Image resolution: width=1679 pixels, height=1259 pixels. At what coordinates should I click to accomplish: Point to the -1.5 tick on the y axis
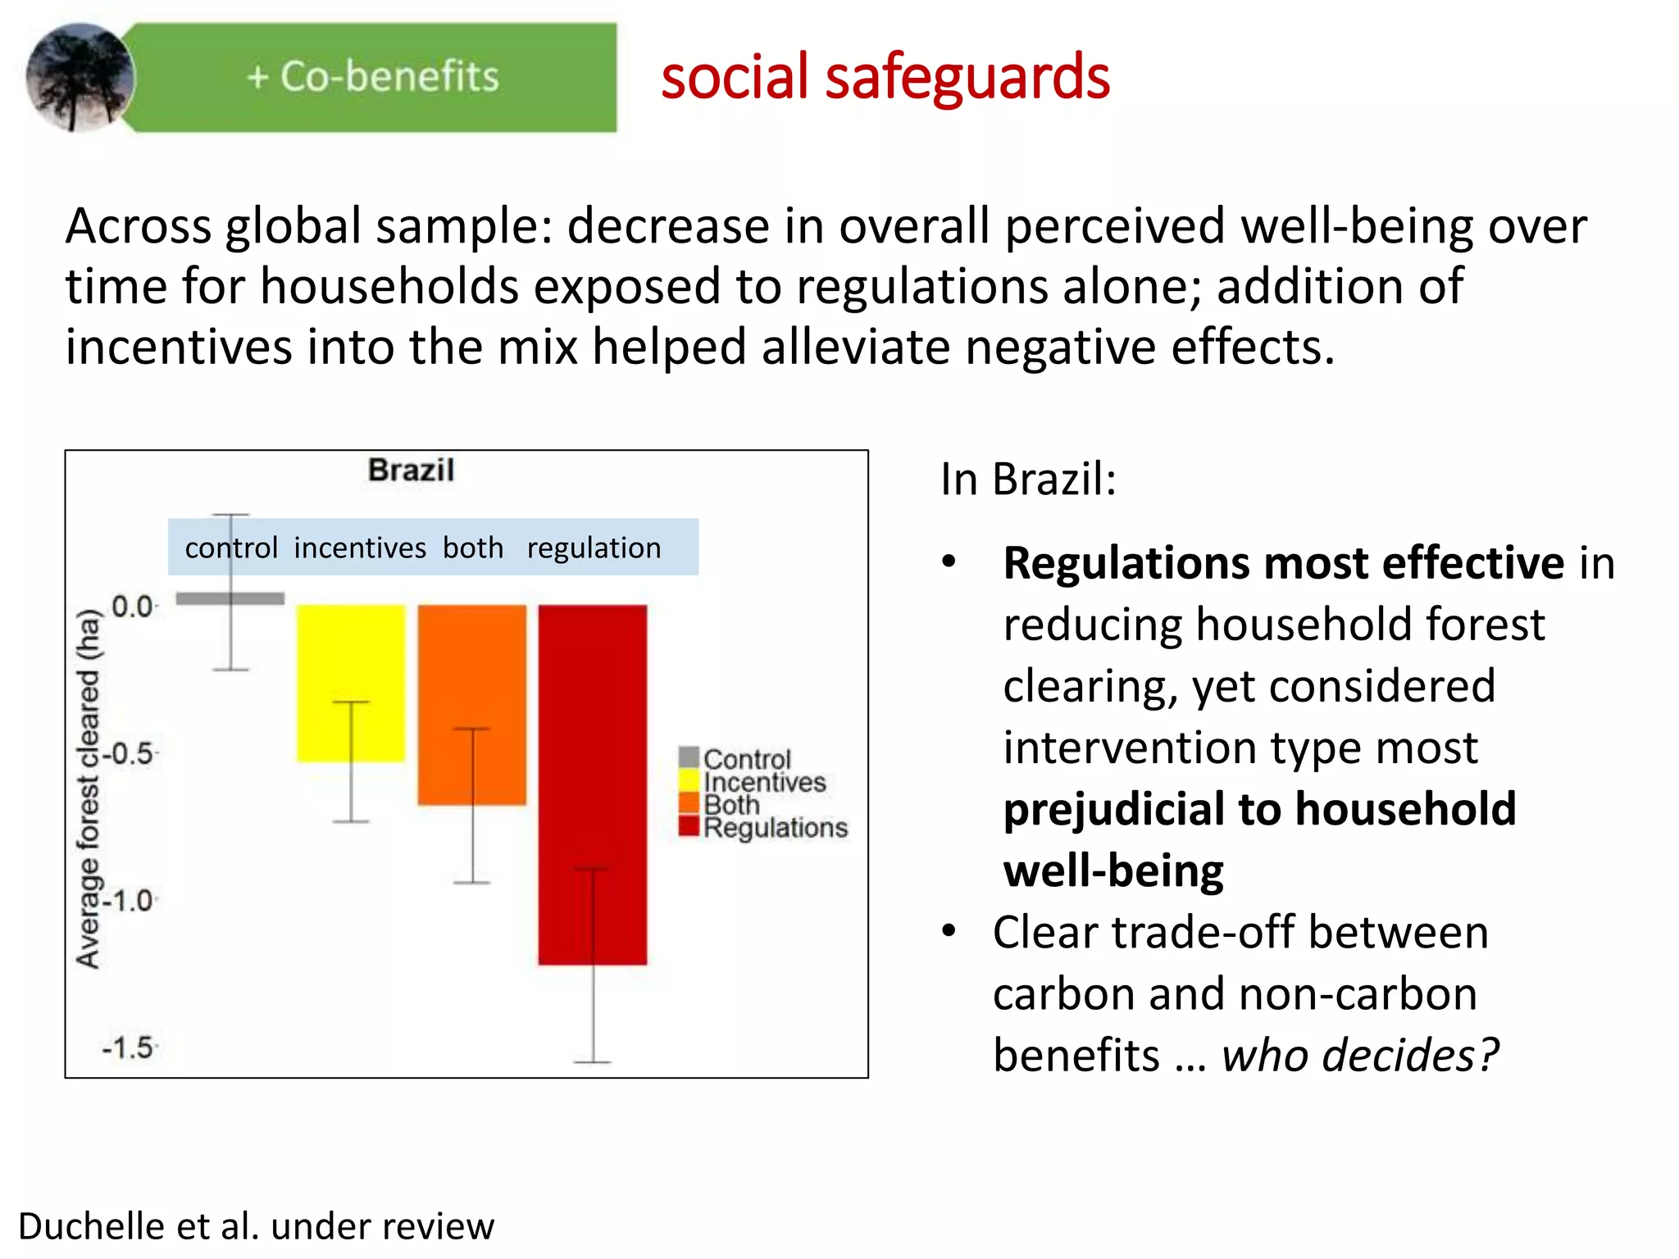(129, 1048)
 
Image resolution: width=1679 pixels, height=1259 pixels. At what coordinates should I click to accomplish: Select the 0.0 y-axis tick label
(133, 607)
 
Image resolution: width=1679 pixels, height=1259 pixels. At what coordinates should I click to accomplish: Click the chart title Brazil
(411, 470)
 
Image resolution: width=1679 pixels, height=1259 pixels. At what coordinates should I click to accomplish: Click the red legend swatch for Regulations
(689, 826)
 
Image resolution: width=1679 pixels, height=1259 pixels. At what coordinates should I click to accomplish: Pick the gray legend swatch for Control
(689, 757)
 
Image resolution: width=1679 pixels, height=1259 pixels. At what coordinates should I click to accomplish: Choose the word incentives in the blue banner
(360, 548)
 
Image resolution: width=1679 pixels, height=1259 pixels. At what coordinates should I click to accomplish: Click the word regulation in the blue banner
(594, 548)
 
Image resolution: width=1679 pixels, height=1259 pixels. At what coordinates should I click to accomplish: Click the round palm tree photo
(80, 77)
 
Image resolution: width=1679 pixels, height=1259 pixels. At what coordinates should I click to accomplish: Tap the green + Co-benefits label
(373, 76)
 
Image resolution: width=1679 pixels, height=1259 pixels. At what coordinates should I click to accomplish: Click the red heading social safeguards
(885, 77)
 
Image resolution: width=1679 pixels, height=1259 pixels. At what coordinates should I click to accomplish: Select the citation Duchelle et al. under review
(256, 1226)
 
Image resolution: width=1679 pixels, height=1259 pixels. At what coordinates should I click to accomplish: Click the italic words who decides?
(1359, 1055)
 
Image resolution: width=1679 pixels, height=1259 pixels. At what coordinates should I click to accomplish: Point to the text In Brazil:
(1028, 480)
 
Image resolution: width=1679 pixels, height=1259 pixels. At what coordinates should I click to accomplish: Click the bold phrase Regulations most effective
(1283, 563)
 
